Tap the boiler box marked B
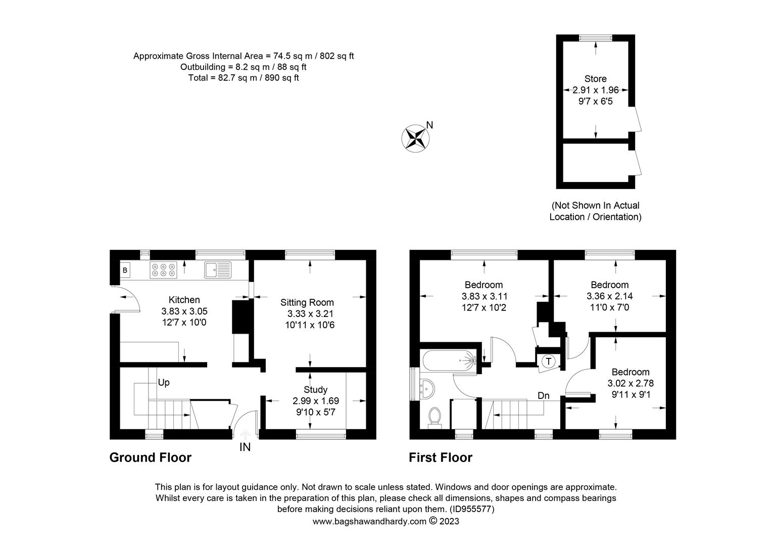click(x=124, y=270)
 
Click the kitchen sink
click(x=218, y=270)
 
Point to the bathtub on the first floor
click(x=449, y=361)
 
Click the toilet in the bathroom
click(x=433, y=417)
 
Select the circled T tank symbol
click(x=548, y=361)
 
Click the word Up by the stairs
click(x=163, y=383)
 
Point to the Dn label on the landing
click(x=543, y=395)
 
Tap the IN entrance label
click(x=245, y=447)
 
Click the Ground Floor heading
click(x=151, y=458)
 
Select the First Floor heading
click(x=441, y=458)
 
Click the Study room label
click(x=315, y=390)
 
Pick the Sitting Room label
click(x=307, y=302)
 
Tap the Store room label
click(x=595, y=79)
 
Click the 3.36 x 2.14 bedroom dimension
click(x=609, y=296)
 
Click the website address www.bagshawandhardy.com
click(x=369, y=521)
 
